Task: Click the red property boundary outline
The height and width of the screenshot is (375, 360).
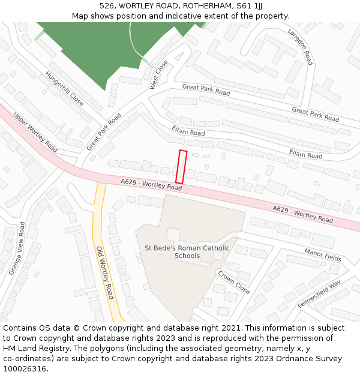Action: [181, 167]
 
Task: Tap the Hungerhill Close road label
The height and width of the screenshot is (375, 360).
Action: [64, 89]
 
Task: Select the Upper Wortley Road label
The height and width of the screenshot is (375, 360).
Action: [35, 133]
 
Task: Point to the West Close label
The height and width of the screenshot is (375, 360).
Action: [159, 74]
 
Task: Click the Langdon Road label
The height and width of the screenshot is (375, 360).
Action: [300, 46]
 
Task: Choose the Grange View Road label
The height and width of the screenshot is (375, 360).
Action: [17, 248]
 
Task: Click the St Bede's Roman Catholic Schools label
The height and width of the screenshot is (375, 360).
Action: [187, 252]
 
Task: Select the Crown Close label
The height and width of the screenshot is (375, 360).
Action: [234, 283]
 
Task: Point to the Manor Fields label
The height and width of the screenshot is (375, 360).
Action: [323, 255]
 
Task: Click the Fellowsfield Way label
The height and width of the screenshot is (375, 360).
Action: [319, 293]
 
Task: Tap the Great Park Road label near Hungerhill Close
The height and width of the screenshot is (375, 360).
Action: [104, 131]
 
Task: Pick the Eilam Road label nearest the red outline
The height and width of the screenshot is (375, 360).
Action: [188, 130]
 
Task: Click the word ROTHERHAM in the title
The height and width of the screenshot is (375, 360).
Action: [197, 6]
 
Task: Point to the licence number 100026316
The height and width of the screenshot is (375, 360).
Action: [25, 369]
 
